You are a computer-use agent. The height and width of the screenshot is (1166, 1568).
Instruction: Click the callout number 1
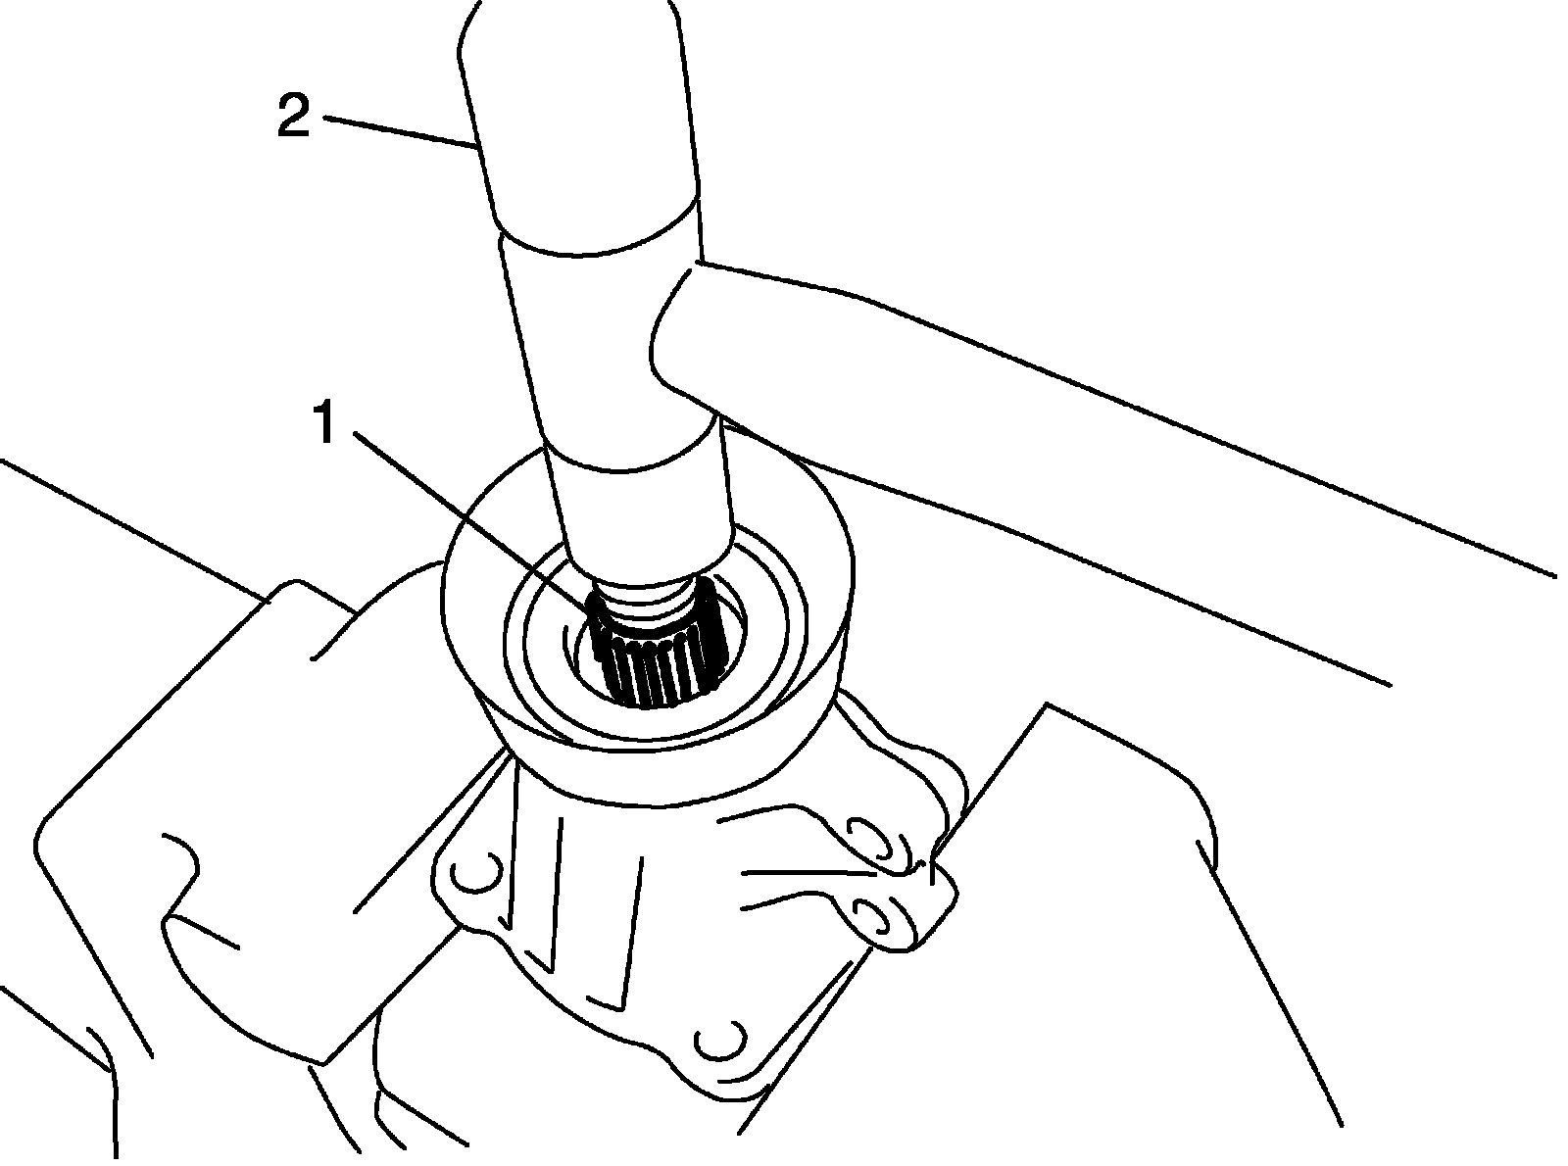pyautogui.click(x=325, y=422)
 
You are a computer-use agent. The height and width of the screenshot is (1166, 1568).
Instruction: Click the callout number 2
pyautogui.click(x=293, y=118)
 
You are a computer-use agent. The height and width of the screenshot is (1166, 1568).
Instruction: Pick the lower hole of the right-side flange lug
pyautogui.click(x=872, y=916)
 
